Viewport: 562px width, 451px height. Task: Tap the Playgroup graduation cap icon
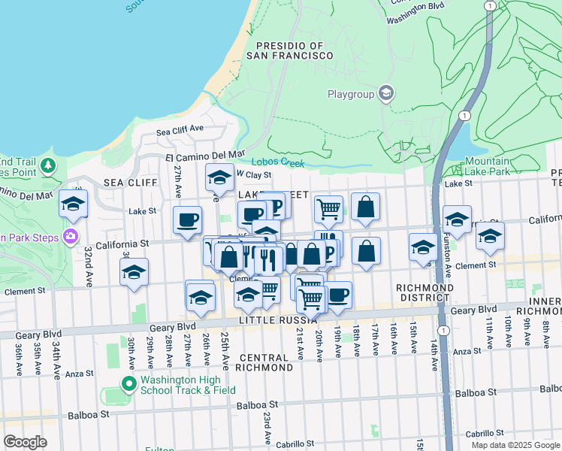(386, 93)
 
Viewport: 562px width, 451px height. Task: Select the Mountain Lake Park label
(487, 166)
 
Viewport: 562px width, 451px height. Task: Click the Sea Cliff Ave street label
(180, 131)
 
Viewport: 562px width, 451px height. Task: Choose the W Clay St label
(253, 174)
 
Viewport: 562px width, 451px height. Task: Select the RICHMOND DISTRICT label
(425, 292)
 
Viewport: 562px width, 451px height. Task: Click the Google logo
(25, 442)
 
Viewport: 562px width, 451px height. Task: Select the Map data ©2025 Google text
(515, 445)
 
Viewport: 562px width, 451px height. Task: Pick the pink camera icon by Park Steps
(71, 236)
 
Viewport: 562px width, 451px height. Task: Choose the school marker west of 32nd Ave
(73, 204)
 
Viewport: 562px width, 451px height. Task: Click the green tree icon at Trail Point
(48, 165)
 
